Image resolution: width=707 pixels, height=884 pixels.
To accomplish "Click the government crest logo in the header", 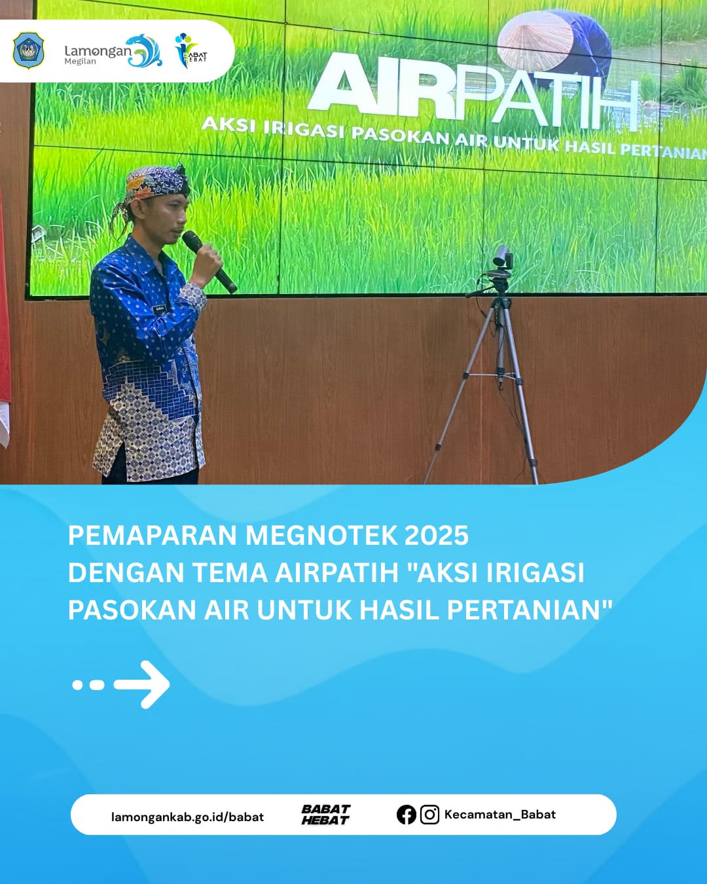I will [28, 50].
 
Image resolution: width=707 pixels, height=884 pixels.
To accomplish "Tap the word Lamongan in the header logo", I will [97, 50].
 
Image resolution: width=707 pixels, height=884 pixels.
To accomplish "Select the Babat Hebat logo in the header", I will [190, 51].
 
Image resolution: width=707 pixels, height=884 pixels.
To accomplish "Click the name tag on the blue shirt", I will [159, 307].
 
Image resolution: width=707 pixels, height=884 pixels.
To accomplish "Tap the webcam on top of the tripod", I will [502, 257].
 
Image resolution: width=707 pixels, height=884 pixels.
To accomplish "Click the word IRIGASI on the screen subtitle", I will [304, 128].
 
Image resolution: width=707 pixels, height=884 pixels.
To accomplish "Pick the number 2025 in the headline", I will [436, 536].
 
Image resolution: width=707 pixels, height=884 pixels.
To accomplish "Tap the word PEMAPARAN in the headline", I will [153, 536].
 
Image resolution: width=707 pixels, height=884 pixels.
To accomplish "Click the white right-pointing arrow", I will [142, 684].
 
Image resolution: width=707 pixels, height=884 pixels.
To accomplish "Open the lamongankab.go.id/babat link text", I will [187, 817].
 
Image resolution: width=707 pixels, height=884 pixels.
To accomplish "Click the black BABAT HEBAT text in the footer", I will [325, 815].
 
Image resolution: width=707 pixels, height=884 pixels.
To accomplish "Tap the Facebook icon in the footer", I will [406, 815].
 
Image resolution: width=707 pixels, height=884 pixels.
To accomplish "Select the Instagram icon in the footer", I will [429, 815].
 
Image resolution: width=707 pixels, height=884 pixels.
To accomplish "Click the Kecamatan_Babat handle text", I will [499, 815].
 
